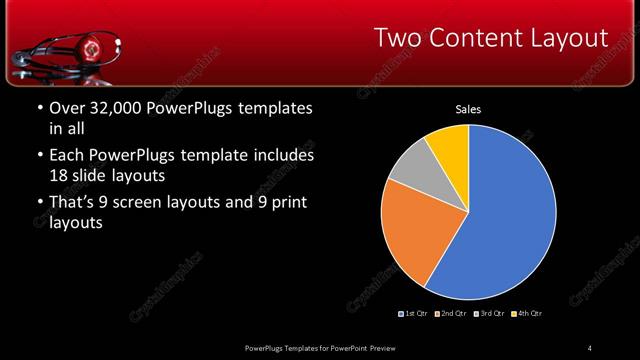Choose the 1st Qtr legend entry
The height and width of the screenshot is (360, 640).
(416, 313)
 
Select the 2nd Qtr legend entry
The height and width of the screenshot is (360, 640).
(451, 313)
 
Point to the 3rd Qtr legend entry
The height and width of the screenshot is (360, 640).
(489, 313)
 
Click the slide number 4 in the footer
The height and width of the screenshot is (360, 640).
(589, 347)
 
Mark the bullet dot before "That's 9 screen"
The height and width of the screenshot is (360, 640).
(38, 204)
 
